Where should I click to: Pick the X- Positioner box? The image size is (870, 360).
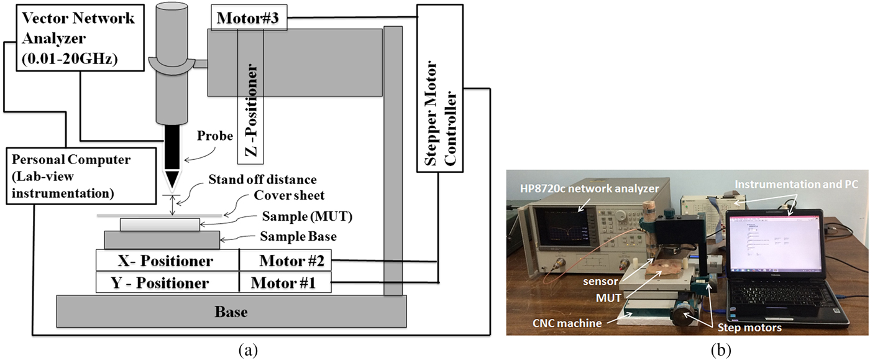[168, 260]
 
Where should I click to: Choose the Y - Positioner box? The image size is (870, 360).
[168, 283]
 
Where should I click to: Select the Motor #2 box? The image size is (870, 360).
[285, 260]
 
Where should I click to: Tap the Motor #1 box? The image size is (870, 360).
[285, 283]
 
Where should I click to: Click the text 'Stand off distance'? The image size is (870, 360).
[262, 180]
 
